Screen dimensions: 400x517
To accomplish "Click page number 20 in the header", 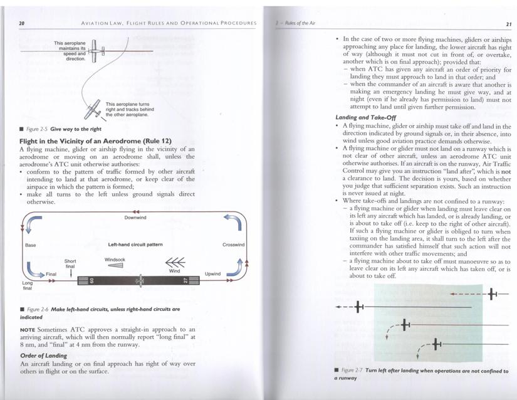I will [22, 23].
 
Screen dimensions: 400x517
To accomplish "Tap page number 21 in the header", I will [509, 24].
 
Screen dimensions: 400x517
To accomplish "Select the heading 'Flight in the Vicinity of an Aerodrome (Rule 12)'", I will [95, 141].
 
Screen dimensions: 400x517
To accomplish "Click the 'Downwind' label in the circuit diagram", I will [135, 218].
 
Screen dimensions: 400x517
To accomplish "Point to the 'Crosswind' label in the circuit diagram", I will [233, 245].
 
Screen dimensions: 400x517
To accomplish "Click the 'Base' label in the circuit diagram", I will [30, 245].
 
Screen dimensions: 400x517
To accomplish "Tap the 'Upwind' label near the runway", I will [213, 275].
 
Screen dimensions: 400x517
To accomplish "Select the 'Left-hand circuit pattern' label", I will [135, 245].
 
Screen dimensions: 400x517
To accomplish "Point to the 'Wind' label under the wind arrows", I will [175, 271].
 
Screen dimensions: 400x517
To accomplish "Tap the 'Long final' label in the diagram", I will [28, 286].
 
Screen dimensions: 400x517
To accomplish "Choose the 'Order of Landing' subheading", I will [44, 355].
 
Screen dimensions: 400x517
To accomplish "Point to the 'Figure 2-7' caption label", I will [351, 371].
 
